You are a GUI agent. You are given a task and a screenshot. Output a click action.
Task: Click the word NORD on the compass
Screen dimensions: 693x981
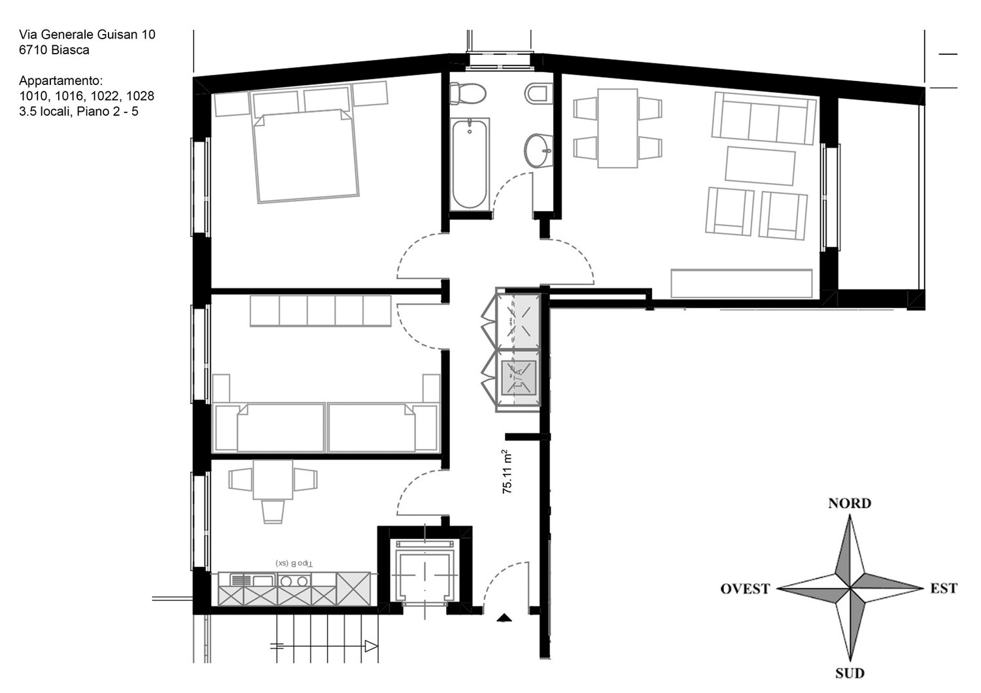849,503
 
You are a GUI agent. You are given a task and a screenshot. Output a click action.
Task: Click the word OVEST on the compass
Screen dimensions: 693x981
744,588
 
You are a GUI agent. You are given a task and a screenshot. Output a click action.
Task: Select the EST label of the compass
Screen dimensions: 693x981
943,588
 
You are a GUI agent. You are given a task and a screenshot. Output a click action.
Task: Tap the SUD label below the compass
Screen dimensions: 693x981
849,673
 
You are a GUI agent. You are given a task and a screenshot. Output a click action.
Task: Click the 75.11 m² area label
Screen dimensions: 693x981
508,471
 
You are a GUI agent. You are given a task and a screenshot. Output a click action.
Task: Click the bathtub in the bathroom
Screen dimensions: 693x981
469,163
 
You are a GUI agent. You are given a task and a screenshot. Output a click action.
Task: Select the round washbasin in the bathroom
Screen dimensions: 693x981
538,151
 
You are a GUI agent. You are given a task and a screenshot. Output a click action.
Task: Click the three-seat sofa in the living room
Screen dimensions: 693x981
763,118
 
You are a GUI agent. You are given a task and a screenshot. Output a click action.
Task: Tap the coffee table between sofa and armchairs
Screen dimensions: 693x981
760,166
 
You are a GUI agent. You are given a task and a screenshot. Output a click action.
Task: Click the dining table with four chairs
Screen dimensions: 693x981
617,128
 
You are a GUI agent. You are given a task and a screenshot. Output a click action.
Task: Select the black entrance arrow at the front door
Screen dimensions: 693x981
504,617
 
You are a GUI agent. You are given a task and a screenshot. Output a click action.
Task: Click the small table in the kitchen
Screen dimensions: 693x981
273,480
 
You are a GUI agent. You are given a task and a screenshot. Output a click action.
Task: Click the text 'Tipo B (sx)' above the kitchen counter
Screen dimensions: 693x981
294,563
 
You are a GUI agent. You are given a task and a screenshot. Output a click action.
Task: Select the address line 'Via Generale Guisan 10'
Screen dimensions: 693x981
87,34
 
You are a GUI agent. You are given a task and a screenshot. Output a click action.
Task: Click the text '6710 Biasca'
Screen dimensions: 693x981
54,50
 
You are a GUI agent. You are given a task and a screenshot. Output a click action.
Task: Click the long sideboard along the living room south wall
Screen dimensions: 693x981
741,283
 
